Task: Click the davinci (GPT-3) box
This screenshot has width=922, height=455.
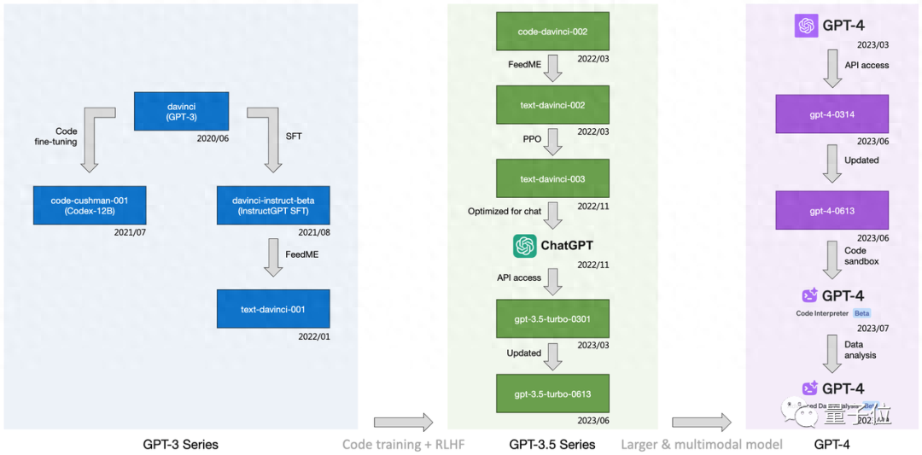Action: (182, 111)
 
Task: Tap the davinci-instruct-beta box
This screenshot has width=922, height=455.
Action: (273, 206)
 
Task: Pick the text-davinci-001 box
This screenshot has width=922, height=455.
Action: (273, 309)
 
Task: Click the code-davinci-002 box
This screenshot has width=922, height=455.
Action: (552, 32)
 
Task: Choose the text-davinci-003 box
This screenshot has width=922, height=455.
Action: (552, 179)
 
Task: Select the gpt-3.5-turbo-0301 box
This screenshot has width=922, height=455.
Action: (552, 319)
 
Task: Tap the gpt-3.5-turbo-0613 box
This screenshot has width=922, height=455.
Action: (552, 394)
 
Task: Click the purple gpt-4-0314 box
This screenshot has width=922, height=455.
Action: (832, 114)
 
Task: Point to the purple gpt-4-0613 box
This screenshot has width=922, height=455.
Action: (832, 210)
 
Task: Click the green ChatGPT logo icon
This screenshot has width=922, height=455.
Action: (524, 246)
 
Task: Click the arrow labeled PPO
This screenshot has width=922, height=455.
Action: (553, 142)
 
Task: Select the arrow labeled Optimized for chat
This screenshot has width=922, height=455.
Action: (553, 215)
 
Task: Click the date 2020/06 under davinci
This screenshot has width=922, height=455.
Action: (213, 137)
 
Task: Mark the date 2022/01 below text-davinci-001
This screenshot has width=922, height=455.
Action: (312, 336)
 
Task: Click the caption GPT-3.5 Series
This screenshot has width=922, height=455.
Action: (551, 444)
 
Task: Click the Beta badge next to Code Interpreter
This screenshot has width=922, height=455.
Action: (861, 313)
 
